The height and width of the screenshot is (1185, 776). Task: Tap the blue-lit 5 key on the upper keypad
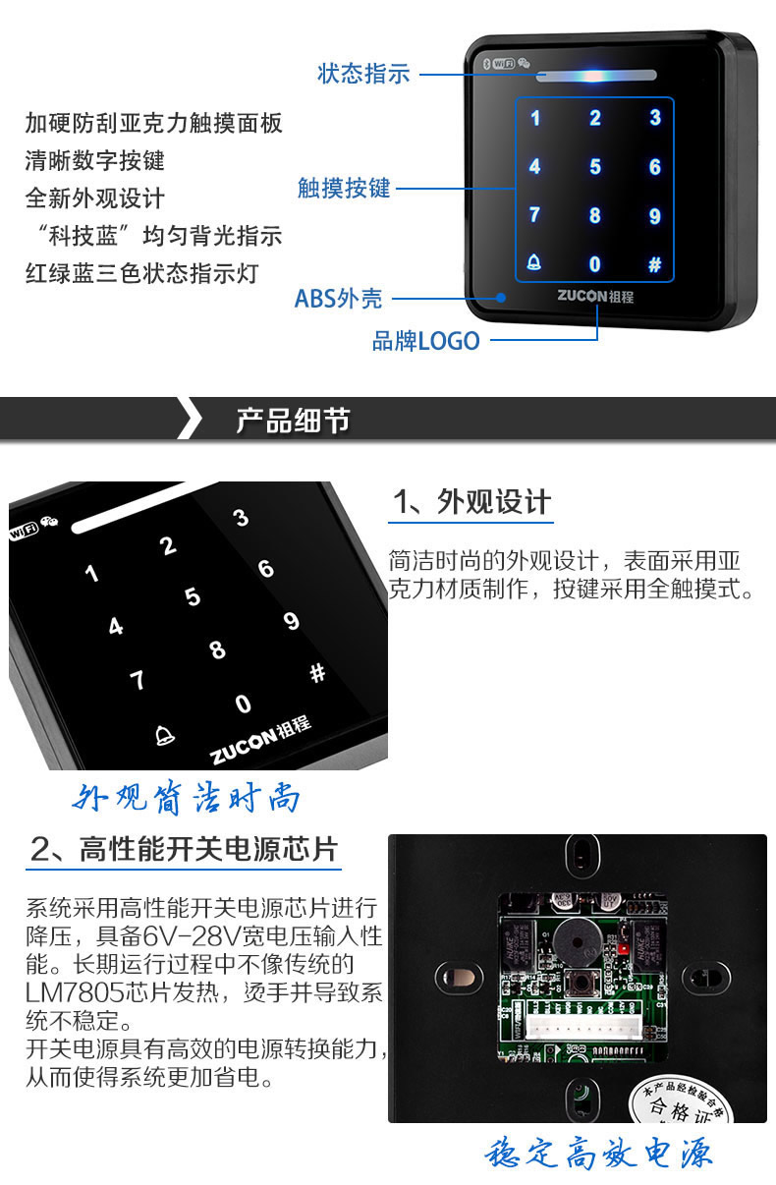[x=595, y=167]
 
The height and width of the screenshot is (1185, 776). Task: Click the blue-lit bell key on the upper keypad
[x=534, y=262]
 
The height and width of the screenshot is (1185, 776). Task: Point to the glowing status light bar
[x=596, y=76]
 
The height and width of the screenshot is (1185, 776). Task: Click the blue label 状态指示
[x=363, y=74]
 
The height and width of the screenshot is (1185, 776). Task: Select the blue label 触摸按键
[x=344, y=189]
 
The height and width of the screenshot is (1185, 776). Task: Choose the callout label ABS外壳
[x=339, y=299]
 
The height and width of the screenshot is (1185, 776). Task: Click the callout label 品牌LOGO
[x=426, y=341]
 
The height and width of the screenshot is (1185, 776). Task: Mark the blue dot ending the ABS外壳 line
[x=500, y=298]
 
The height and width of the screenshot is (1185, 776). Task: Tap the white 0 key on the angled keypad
[x=243, y=705]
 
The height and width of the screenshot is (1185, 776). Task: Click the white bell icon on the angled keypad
[x=164, y=735]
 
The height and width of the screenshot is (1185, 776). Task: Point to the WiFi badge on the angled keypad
[x=24, y=531]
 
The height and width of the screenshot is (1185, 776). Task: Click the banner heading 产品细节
[x=293, y=422]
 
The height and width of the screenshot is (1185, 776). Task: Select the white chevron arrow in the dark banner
[x=191, y=418]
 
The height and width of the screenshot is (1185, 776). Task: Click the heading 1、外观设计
[x=471, y=501]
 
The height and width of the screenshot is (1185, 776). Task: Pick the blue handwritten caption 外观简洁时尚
[x=187, y=797]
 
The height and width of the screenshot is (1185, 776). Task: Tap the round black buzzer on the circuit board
[x=578, y=942]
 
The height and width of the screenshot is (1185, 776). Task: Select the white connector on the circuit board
[x=585, y=1029]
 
